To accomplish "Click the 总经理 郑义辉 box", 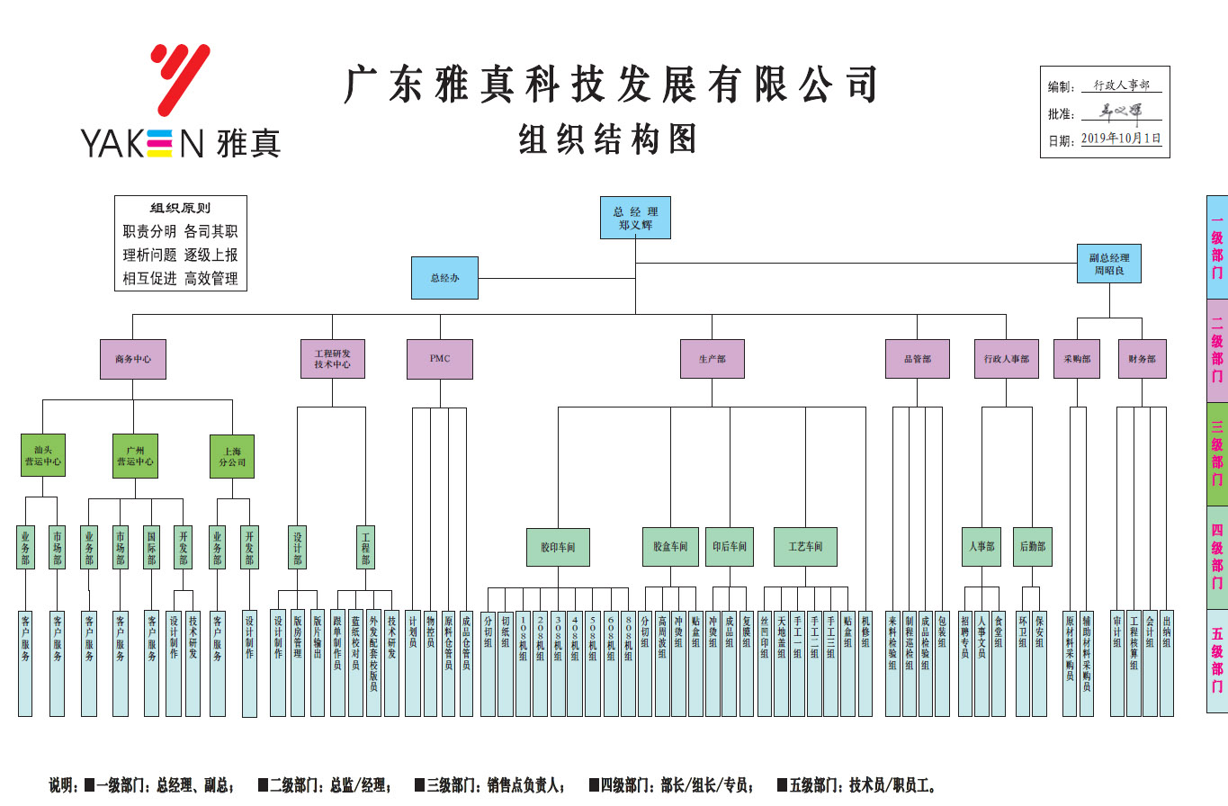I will pos(635,218).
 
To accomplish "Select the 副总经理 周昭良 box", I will pos(1109,264).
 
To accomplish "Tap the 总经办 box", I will pos(444,278).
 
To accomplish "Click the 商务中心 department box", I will pos(133,358).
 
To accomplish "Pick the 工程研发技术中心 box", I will pos(333,358).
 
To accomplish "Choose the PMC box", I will pos(439,358).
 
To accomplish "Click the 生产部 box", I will pos(712,358).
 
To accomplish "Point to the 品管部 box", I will pos(917,358).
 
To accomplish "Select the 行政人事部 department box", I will pos(1006,358).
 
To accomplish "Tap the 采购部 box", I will pos(1077,358).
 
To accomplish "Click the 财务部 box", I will pos(1142,358).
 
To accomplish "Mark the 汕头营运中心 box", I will pos(43,455).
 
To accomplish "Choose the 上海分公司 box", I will pos(232,455).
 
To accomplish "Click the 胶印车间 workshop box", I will pos(558,547).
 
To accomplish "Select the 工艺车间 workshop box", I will pos(805,547).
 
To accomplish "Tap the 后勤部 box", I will pos(1033,547).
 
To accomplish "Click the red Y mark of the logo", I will pos(181,80).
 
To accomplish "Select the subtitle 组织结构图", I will pos(608,139).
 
